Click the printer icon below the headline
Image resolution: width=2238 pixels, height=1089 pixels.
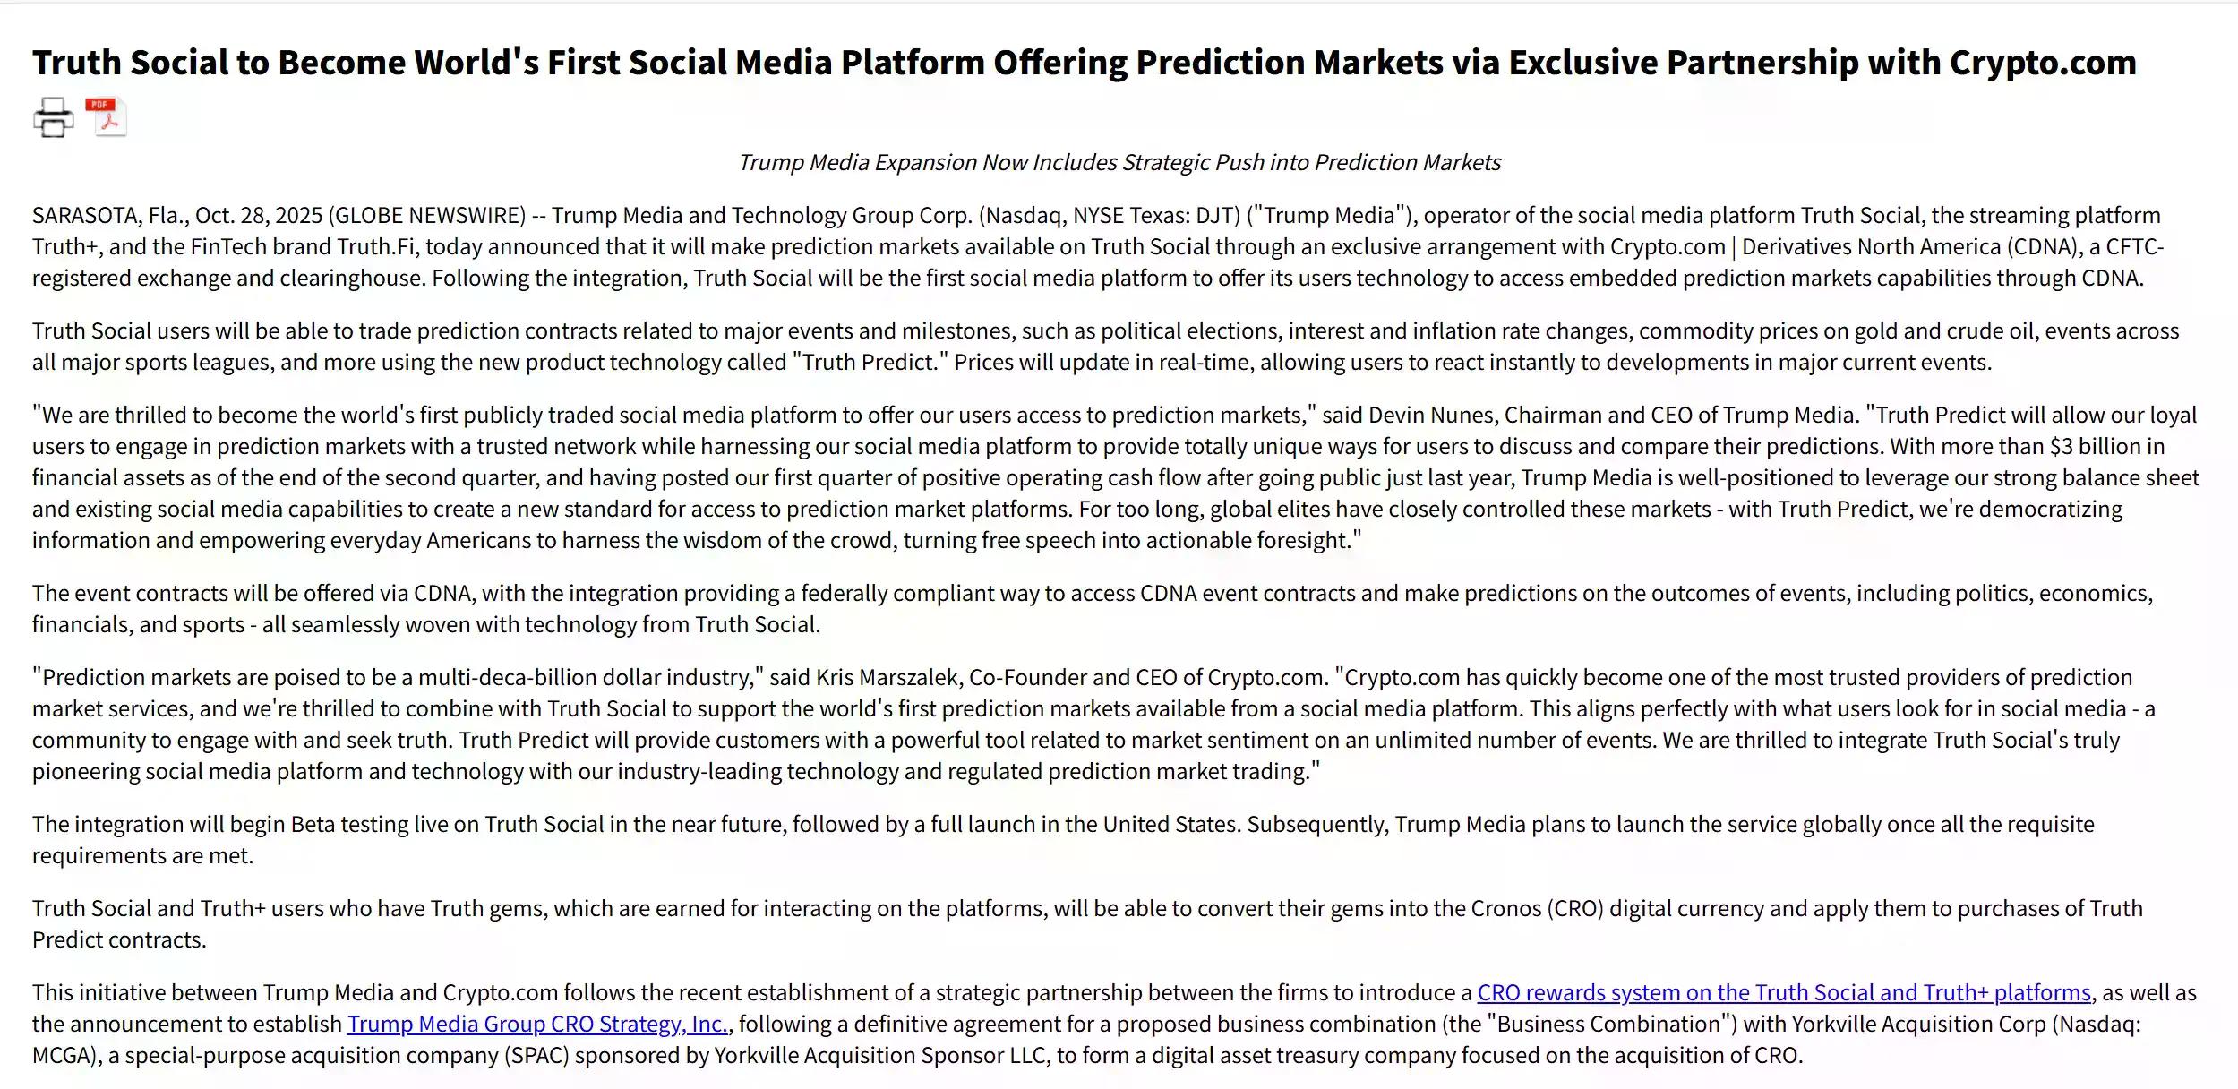click(x=53, y=117)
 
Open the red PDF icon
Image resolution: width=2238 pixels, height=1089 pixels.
click(x=107, y=116)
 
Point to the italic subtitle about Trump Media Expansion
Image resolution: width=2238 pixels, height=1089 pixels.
click(x=1119, y=162)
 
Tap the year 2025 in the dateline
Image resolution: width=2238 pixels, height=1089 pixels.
click(x=299, y=215)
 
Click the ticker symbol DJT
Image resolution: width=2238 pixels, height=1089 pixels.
click(x=1217, y=215)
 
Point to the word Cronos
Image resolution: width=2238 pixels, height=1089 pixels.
click(x=1504, y=908)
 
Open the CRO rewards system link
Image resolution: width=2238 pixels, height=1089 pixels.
click(x=1783, y=992)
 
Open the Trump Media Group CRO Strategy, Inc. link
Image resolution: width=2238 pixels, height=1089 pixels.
click(x=537, y=1024)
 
